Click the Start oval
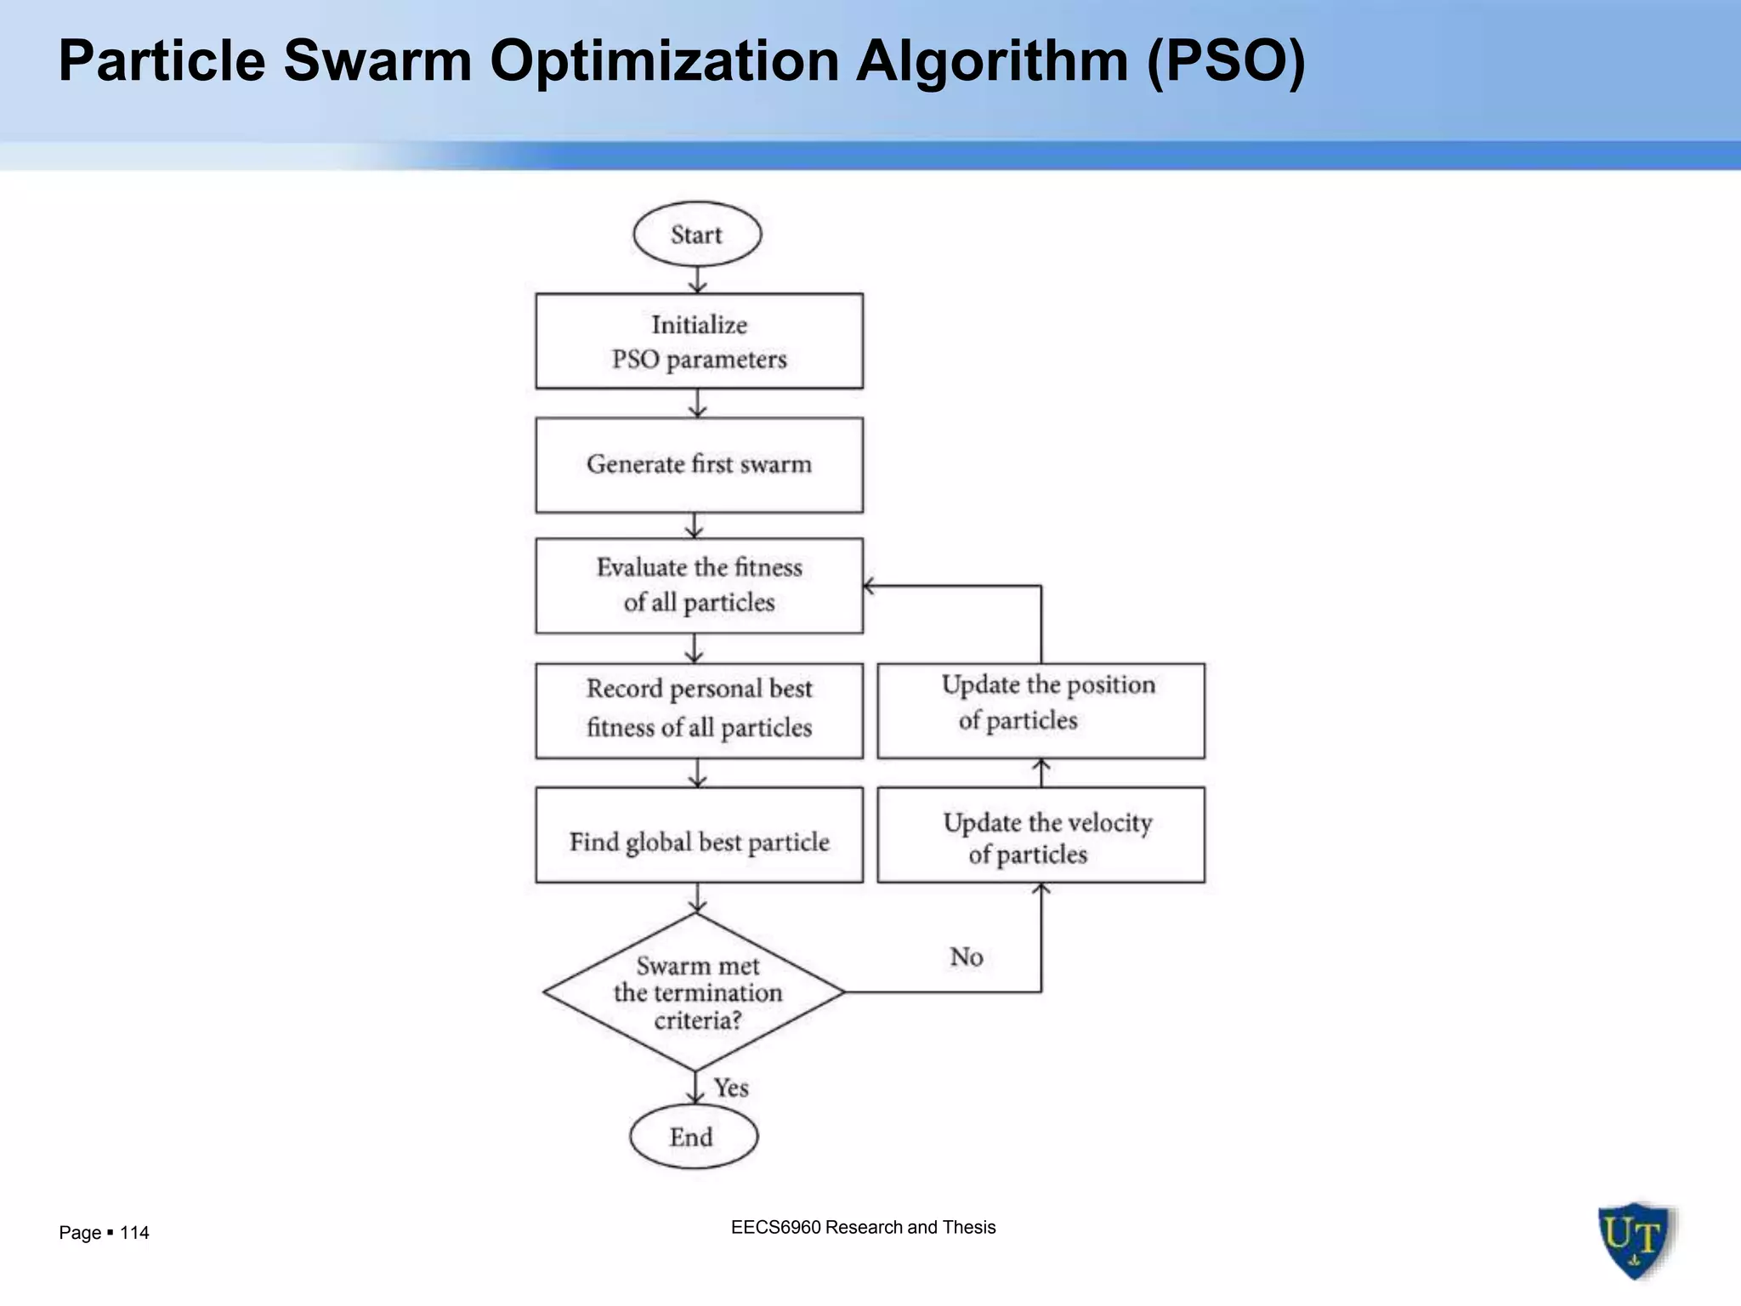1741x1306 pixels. tap(697, 235)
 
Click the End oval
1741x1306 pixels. tap(694, 1137)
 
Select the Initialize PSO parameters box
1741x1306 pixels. tap(699, 341)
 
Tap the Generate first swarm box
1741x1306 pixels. tap(699, 465)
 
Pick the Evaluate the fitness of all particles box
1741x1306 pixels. tap(699, 586)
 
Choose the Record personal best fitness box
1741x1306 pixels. tap(699, 711)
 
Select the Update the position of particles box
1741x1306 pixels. tap(1041, 711)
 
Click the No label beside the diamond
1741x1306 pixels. tap(967, 957)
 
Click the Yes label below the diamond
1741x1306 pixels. tap(731, 1088)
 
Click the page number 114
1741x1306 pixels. tap(134, 1233)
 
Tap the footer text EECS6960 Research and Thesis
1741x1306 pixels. tap(863, 1227)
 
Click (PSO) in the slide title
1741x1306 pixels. tap(1225, 61)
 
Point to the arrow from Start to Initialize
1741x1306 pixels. tap(698, 280)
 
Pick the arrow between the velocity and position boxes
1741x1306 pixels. tap(1041, 772)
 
